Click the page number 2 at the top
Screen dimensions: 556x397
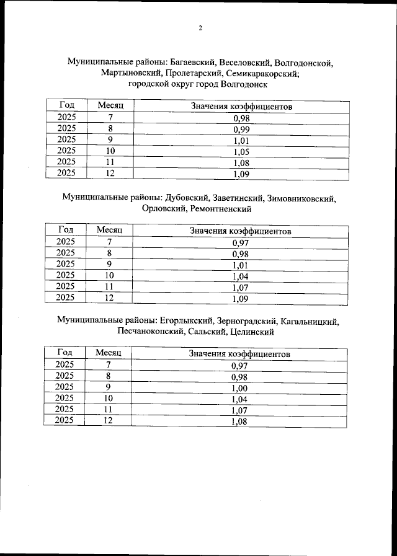pos(200,28)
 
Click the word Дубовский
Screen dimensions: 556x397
pos(185,198)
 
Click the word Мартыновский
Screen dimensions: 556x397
pos(132,73)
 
